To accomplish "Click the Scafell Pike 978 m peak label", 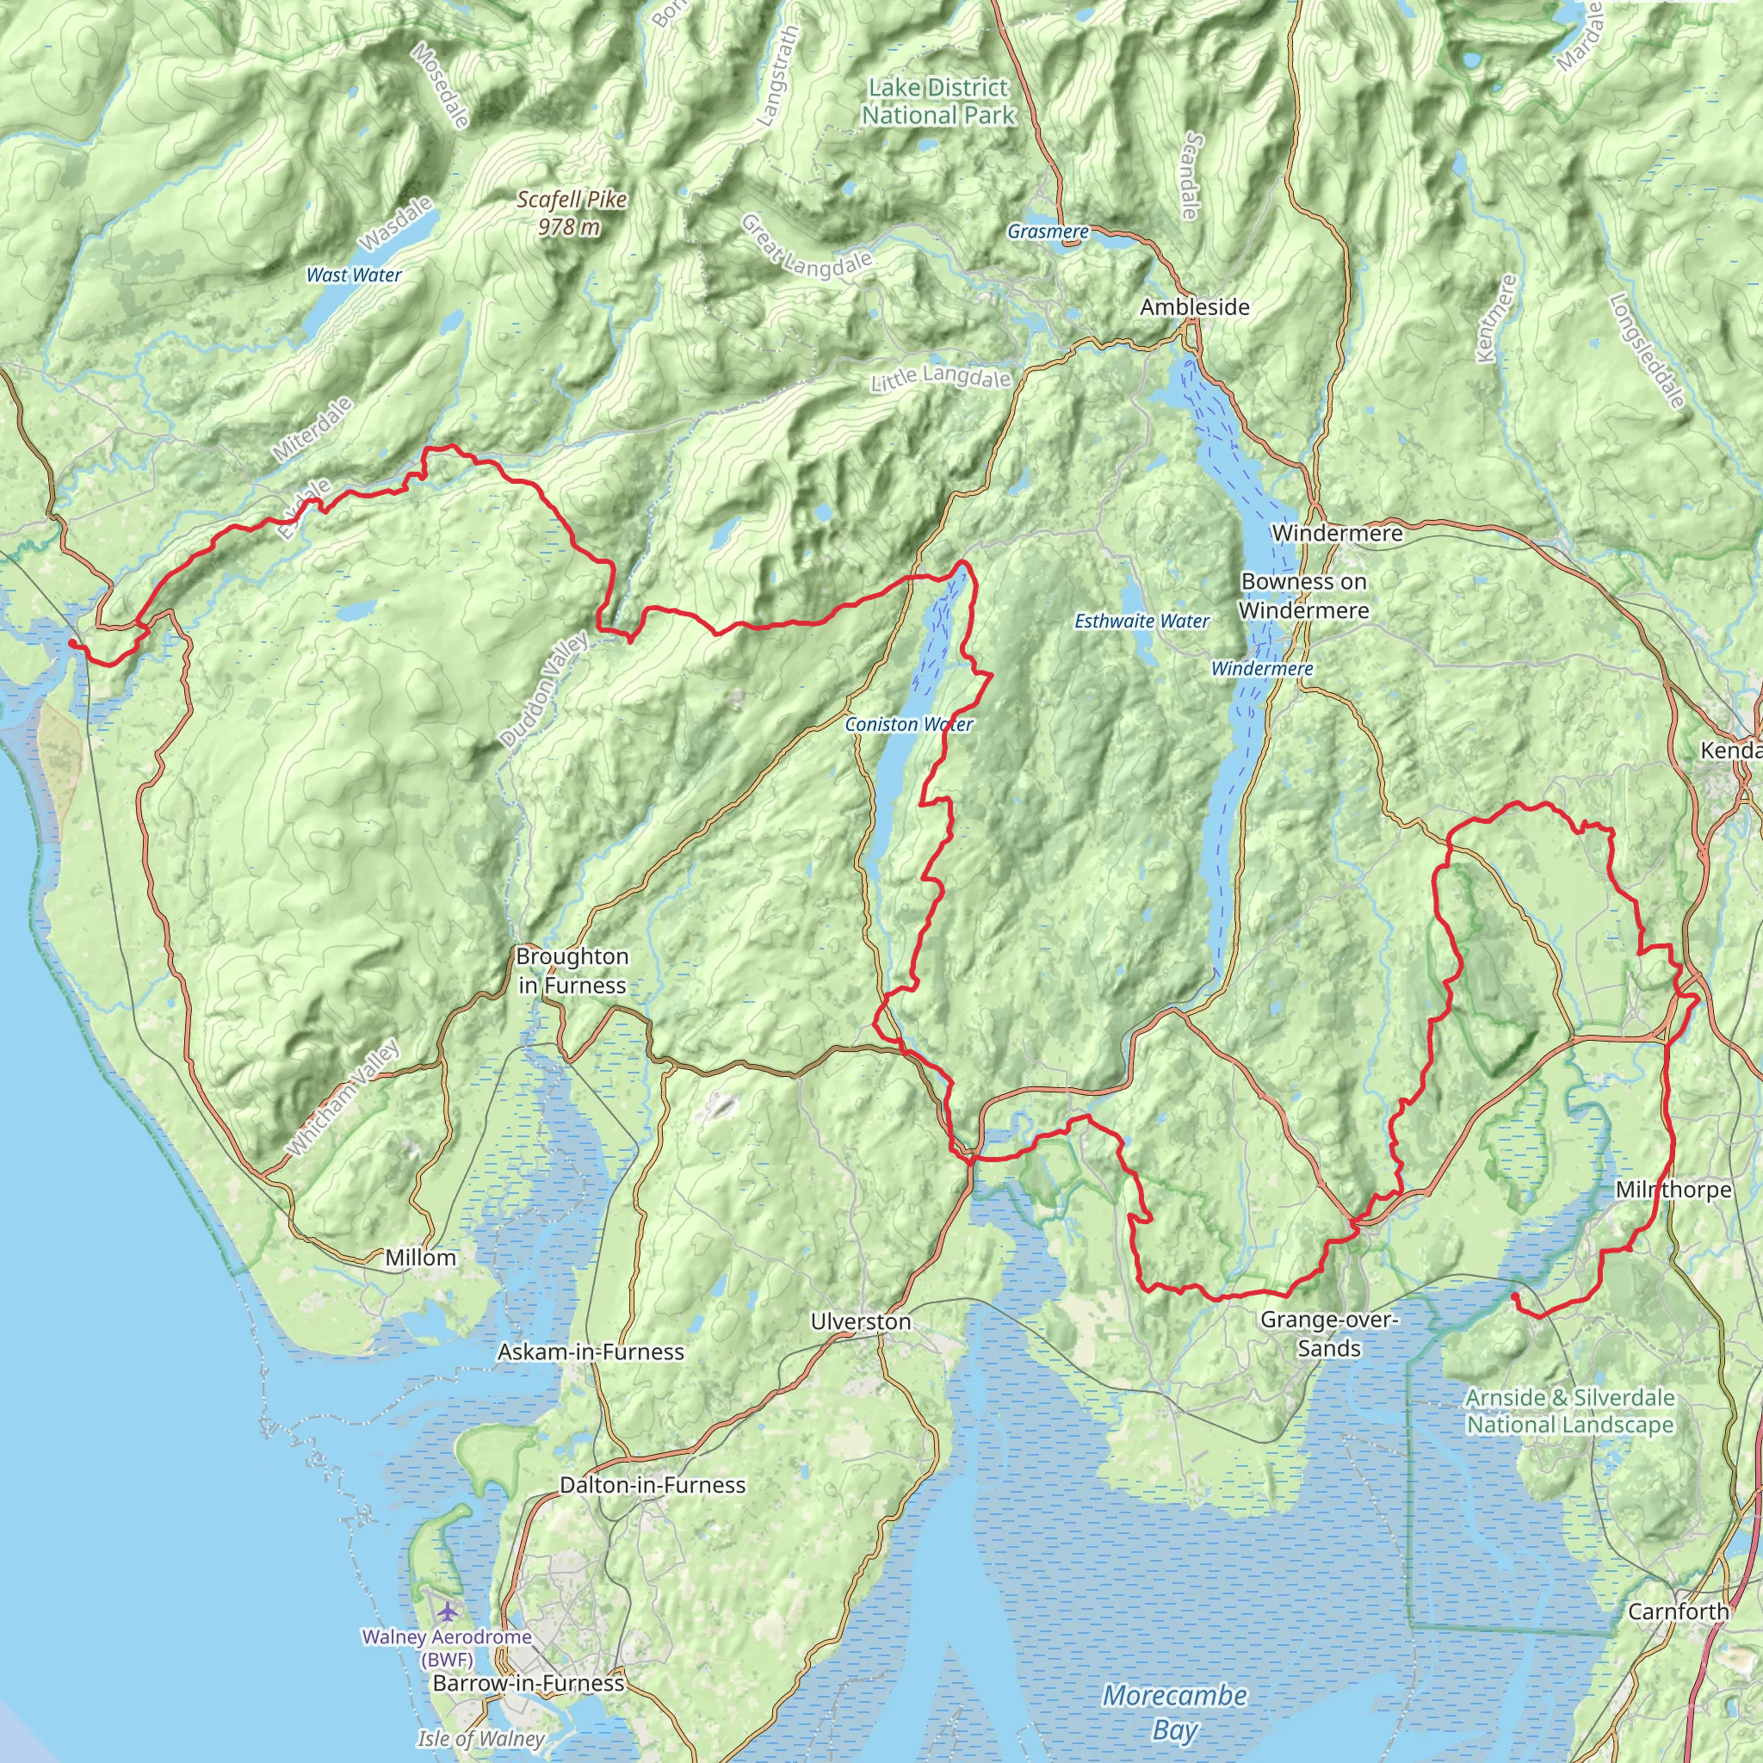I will click(x=572, y=213).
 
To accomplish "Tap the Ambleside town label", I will click(x=1194, y=307).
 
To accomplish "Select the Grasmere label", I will click(x=1048, y=232).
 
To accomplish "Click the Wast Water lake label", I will click(x=353, y=275).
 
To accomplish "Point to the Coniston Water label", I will click(x=908, y=725).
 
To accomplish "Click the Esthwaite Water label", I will click(x=1141, y=622).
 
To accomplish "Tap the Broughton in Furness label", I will click(x=572, y=971).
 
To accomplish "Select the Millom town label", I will click(x=420, y=1258).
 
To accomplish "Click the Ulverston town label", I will click(x=860, y=1321).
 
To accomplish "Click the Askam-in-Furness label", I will click(x=591, y=1352).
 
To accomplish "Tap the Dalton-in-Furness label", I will click(x=653, y=1485).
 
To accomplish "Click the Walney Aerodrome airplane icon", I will click(x=445, y=1611).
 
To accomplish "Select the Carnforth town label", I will click(x=1677, y=1611).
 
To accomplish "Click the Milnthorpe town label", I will click(x=1673, y=1190).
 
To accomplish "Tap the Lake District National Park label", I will click(x=938, y=102).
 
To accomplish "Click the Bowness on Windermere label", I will click(x=1303, y=596).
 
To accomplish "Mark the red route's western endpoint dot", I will click(x=72, y=643).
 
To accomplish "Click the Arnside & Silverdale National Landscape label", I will click(x=1569, y=1411).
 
